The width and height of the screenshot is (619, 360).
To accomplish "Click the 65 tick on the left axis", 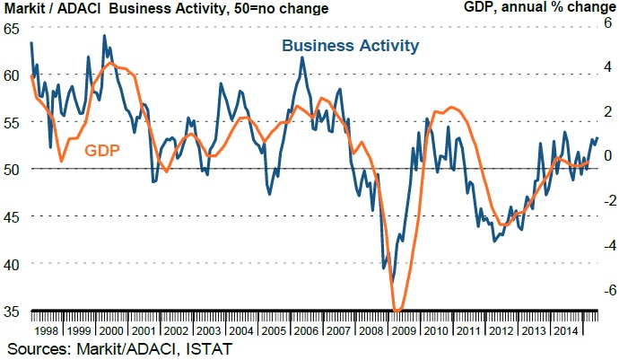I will (x=12, y=29).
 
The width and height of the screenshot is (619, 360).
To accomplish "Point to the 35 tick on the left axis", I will (x=12, y=312).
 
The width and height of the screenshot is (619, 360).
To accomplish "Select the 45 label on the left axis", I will (x=12, y=216).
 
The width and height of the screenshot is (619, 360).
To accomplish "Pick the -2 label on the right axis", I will (x=605, y=200).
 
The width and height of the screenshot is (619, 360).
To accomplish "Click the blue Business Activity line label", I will (x=351, y=46).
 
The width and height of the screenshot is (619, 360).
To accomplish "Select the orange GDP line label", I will (x=102, y=151).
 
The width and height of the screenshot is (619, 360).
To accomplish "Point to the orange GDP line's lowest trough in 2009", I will (x=397, y=311).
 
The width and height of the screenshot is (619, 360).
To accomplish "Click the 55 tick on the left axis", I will (x=12, y=122).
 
